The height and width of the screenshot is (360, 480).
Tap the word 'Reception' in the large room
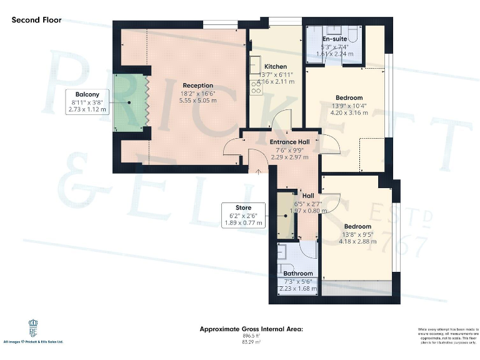point(197,86)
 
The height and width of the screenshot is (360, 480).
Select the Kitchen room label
point(275,67)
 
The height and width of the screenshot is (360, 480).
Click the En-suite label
point(335,39)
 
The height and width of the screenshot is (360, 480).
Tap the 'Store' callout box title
point(243,207)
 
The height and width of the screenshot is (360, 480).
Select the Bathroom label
point(297,273)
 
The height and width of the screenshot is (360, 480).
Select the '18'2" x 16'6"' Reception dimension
point(197,93)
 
